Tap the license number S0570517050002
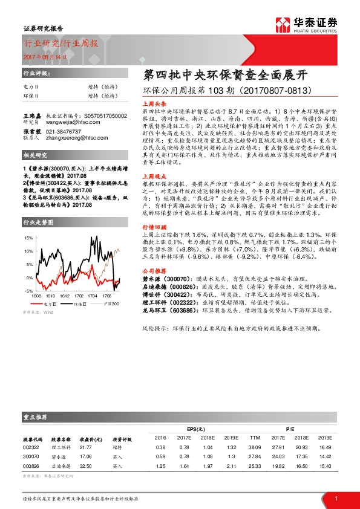[x=103, y=115]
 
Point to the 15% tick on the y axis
[x=28, y=238]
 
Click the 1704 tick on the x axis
[x=91, y=279]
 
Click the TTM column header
[x=254, y=437]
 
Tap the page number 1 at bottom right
[x=335, y=498]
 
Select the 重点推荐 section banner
[x=36, y=417]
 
